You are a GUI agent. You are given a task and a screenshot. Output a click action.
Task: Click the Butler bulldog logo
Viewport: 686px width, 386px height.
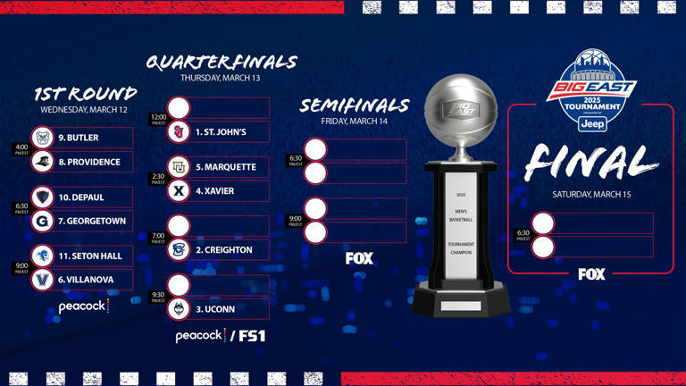42,138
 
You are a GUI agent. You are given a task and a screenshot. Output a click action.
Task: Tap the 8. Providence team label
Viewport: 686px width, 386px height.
89,162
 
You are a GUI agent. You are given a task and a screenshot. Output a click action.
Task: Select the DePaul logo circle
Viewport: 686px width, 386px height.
42,197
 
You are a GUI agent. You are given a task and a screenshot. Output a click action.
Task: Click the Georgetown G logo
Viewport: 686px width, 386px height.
42,221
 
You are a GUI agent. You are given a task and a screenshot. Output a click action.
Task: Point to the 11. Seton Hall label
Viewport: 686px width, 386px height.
90,256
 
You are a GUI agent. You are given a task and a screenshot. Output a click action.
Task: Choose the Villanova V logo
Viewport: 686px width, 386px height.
42,280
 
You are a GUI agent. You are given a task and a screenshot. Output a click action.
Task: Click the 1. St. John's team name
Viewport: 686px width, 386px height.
221,132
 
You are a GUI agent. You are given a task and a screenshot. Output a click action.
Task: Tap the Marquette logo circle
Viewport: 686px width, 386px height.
179,167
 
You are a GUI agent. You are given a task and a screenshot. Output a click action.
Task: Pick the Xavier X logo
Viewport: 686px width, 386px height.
179,190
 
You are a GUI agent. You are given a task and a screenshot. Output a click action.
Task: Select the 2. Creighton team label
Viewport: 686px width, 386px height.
224,250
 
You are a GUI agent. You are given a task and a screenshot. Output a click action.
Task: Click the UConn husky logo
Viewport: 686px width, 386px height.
179,309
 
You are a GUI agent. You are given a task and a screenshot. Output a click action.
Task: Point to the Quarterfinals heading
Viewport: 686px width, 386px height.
221,63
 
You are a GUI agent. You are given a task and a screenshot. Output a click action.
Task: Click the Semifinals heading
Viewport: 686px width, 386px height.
354,105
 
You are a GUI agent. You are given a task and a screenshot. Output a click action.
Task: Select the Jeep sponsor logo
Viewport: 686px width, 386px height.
591,124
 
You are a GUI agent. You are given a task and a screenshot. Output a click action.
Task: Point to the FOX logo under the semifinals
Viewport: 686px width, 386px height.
359,258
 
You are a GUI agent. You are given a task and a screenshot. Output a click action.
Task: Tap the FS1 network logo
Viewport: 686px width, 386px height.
251,336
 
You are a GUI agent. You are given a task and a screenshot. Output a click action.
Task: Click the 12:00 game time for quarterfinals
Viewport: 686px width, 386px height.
158,118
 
